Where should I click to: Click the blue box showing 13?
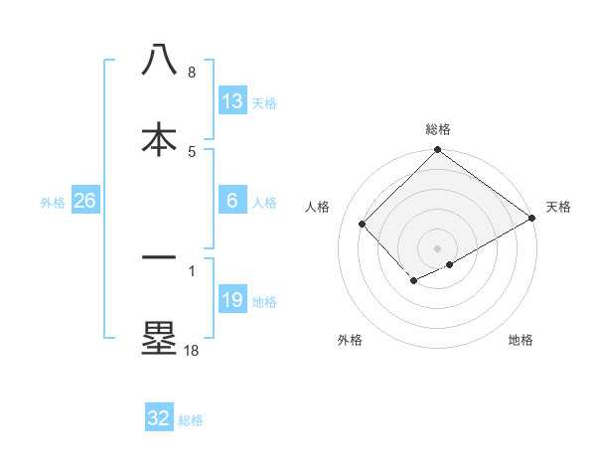click(x=232, y=100)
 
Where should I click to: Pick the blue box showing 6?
click(x=232, y=201)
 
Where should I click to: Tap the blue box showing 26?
click(x=85, y=201)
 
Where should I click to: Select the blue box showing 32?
click(x=159, y=418)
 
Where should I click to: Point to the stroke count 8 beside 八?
click(x=192, y=72)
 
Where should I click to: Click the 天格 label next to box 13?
click(x=264, y=102)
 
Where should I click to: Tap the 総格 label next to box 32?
click(x=191, y=420)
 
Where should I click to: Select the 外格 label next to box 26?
click(x=53, y=203)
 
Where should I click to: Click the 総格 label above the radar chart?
click(x=438, y=129)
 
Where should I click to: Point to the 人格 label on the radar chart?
click(x=318, y=207)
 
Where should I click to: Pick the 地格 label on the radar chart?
click(x=521, y=340)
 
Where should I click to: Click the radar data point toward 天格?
click(x=532, y=220)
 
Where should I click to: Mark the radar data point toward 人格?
click(x=363, y=225)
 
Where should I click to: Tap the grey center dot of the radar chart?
click(x=438, y=247)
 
